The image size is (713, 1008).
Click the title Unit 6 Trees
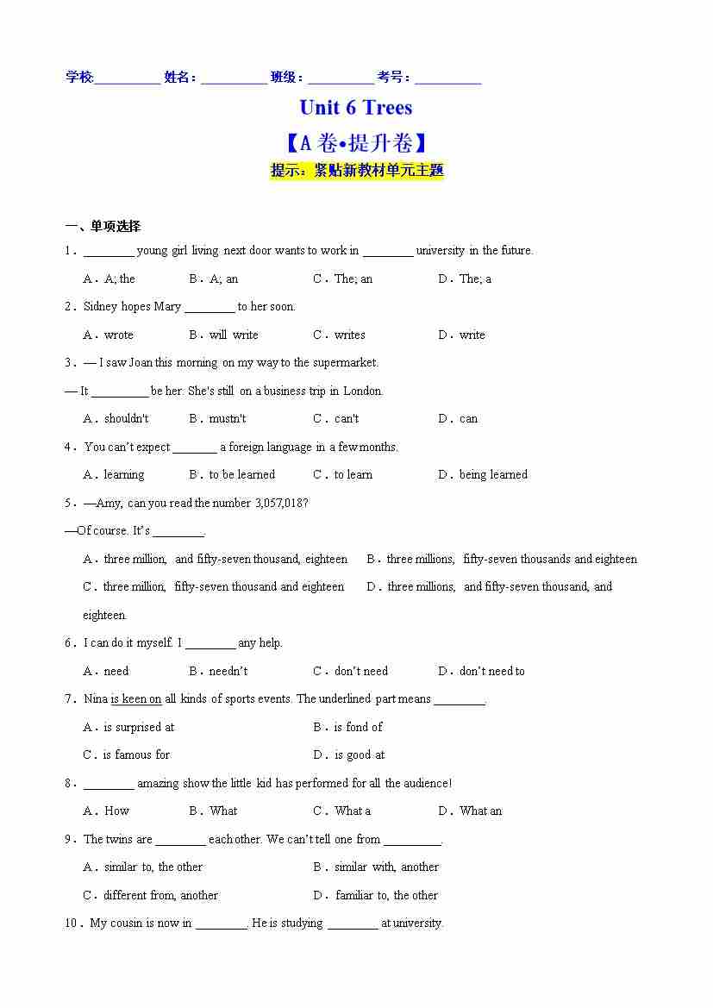click(x=355, y=108)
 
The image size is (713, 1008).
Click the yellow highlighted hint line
click(x=357, y=171)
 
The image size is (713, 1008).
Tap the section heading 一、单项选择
click(x=103, y=227)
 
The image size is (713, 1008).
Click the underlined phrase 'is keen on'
click(x=135, y=699)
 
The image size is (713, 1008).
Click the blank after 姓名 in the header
click(x=234, y=78)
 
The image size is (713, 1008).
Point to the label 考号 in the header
click(x=391, y=78)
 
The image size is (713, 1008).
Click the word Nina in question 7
click(x=97, y=699)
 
